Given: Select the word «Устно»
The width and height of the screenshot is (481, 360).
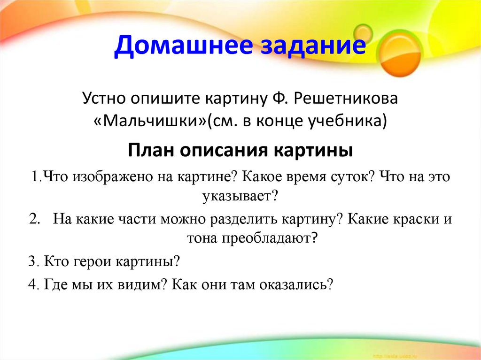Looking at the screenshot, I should (104, 100).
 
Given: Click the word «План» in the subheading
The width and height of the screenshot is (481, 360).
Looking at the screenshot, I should (151, 151).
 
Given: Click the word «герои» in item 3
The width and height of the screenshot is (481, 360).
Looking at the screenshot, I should (91, 261).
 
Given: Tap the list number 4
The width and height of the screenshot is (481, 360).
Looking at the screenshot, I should (32, 284).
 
